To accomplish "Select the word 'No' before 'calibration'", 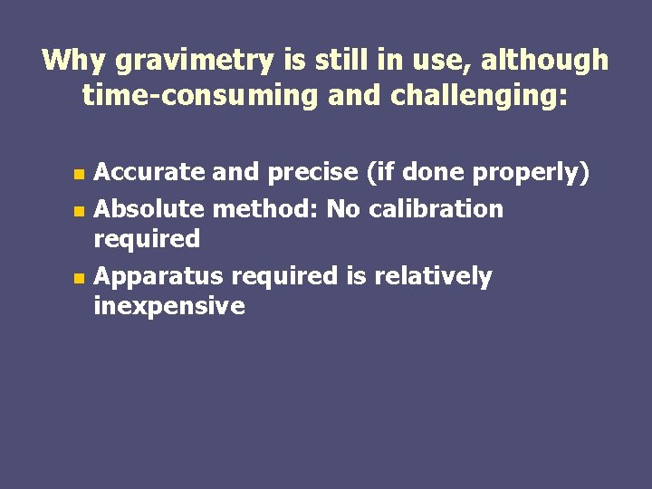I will tap(343, 210).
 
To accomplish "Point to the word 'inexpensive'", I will tap(169, 306).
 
